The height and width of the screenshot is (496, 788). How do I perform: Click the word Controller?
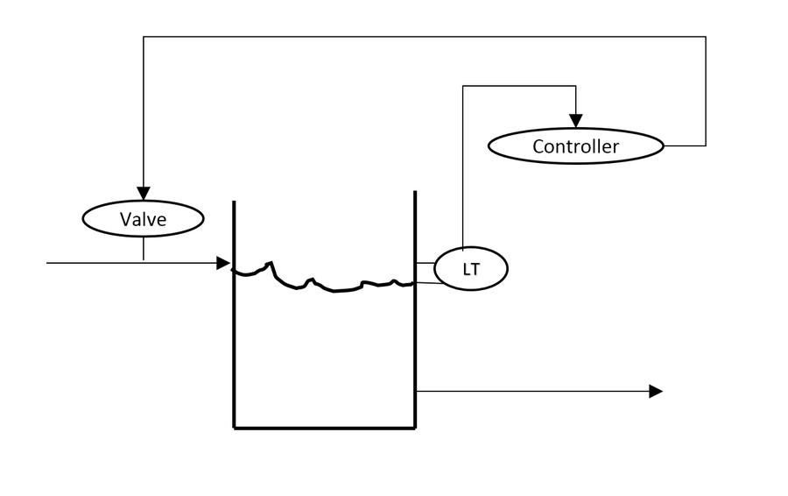coord(575,146)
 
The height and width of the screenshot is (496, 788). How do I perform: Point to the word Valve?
coord(143,219)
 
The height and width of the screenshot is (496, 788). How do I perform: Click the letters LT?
coord(471,270)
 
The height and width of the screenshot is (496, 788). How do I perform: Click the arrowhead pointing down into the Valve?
coord(143,194)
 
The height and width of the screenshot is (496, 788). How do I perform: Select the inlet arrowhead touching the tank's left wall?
coord(223,262)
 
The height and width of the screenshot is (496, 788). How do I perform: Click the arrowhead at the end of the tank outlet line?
coord(655,391)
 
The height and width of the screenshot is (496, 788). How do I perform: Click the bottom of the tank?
coord(324,428)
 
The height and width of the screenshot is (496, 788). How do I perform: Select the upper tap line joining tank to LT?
coord(425,262)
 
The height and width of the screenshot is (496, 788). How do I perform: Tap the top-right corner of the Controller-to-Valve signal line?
coord(705,37)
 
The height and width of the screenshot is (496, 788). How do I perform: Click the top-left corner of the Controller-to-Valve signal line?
coord(144,37)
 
